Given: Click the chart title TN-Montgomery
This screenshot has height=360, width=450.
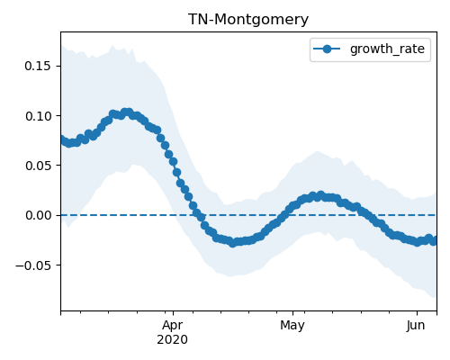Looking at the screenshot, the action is (x=248, y=20).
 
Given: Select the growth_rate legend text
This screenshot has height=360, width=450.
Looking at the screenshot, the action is (x=387, y=49).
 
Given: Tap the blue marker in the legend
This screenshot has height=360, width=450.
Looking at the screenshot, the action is (x=327, y=49).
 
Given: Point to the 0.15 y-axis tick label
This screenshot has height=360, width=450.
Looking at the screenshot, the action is (x=38, y=66).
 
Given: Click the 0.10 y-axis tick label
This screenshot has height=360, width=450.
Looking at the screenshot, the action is (x=38, y=116).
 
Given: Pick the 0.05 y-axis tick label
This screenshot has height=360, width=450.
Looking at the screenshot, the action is (x=38, y=166).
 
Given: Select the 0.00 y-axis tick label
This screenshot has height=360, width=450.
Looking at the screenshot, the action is (x=38, y=215).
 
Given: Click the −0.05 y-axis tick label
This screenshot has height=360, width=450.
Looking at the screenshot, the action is (x=33, y=265).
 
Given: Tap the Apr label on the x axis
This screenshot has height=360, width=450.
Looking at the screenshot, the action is (x=173, y=326).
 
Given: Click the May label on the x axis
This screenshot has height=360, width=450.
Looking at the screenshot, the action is (x=292, y=326).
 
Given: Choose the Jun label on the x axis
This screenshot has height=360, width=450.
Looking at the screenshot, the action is (x=416, y=326).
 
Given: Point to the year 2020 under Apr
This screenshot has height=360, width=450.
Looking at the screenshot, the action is (x=173, y=340).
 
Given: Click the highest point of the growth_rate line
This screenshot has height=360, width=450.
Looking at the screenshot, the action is (x=128, y=112).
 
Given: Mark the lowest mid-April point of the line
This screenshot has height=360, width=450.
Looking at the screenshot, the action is (x=232, y=243).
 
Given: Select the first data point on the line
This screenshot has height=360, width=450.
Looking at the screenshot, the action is (x=62, y=139).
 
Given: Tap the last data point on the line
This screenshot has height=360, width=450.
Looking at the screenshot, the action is (x=434, y=241).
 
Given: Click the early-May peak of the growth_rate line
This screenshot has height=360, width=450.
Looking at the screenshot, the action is (x=320, y=195).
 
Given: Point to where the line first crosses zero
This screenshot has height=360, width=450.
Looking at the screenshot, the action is (x=199, y=215).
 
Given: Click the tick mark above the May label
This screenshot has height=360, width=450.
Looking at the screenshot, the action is (x=293, y=313).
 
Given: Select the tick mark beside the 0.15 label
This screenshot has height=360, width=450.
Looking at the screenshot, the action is (x=58, y=66).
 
